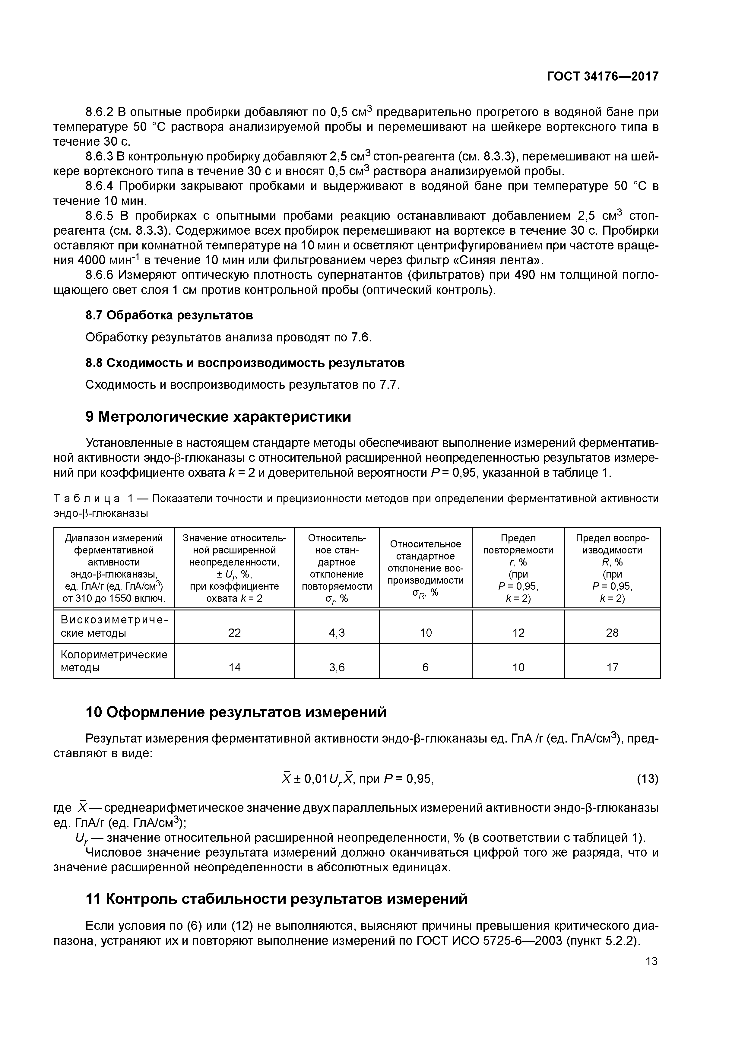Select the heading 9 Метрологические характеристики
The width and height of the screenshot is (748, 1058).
pos(218,417)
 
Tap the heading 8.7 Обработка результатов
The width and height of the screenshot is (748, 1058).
pos(169,315)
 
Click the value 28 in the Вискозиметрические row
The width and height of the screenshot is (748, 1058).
pos(612,633)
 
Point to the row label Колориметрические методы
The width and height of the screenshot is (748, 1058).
pos(114,661)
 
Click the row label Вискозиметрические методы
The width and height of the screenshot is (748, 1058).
pos(114,626)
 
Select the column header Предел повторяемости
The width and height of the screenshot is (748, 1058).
pos(518,544)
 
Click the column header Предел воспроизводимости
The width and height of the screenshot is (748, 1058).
pos(612,544)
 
